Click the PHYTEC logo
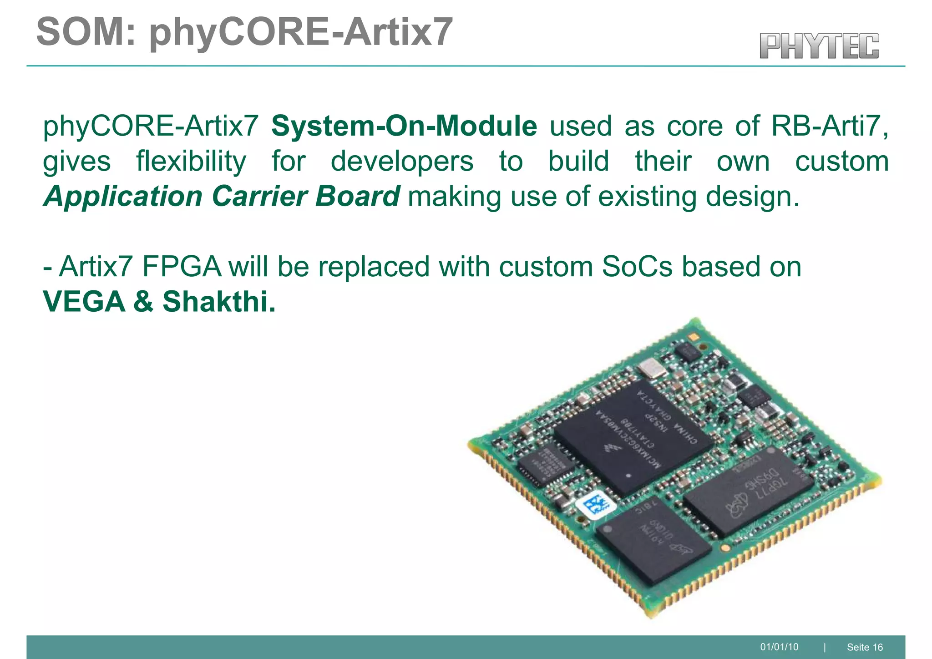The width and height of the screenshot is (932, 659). click(819, 46)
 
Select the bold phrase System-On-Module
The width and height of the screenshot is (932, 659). click(404, 126)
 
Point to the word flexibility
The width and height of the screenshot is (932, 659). click(191, 162)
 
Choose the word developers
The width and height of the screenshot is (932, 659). click(402, 162)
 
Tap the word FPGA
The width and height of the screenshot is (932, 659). click(181, 267)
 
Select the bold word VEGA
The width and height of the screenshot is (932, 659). click(84, 302)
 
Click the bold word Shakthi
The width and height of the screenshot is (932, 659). click(219, 302)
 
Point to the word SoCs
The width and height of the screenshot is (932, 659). click(637, 267)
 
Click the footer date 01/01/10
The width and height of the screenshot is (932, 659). click(779, 647)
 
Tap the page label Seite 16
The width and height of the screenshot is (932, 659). click(865, 647)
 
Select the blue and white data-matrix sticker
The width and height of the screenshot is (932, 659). click(597, 505)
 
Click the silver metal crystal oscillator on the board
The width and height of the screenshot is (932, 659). click(651, 368)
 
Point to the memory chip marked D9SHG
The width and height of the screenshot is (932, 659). click(749, 491)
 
